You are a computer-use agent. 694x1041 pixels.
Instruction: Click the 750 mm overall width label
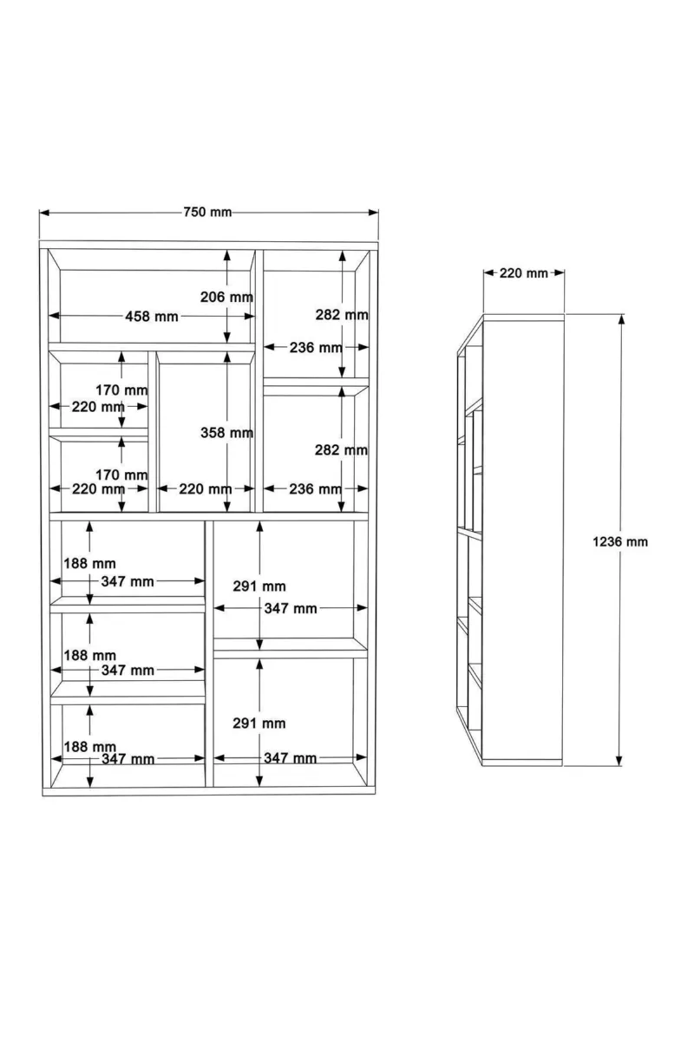[207, 213]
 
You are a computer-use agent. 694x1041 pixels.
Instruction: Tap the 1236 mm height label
[620, 541]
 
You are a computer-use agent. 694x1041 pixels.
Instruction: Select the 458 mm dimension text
[152, 317]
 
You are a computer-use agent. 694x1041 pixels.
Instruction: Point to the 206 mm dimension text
[226, 297]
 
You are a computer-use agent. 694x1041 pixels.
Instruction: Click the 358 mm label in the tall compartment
[226, 433]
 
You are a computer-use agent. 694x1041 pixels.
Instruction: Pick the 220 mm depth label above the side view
[524, 272]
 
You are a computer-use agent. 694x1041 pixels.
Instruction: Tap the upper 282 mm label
[342, 315]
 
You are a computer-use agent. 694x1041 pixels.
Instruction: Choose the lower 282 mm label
[341, 450]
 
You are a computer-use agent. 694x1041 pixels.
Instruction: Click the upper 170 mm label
[121, 390]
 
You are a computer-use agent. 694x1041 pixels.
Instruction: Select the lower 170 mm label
[121, 475]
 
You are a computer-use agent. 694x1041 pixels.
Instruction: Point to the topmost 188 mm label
[89, 563]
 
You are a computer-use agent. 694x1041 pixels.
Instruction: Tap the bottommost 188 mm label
[89, 747]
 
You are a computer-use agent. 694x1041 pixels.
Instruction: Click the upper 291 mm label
[259, 586]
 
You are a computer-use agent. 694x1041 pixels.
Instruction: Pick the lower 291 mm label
[259, 723]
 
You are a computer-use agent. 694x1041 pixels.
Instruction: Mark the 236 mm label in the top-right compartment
[316, 348]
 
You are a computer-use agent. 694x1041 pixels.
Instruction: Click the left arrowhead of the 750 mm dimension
[44, 213]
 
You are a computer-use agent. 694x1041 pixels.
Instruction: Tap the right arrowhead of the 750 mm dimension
[373, 213]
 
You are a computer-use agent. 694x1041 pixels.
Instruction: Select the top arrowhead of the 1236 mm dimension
[620, 319]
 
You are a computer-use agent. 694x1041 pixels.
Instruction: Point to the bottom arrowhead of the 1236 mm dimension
[619, 760]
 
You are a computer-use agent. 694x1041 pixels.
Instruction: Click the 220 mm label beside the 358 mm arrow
[206, 489]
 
